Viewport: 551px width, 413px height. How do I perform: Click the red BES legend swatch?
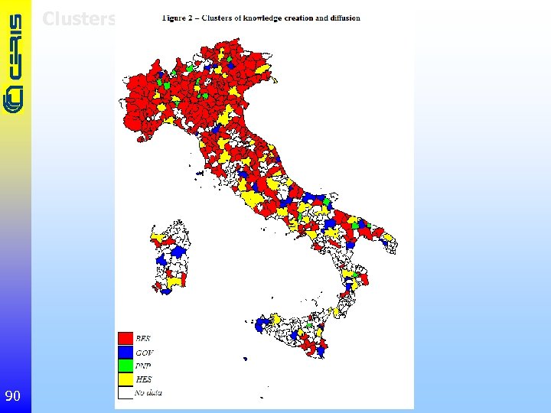pos(126,338)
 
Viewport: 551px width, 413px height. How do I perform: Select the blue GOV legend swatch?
pos(126,352)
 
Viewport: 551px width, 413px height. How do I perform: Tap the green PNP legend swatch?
pos(126,366)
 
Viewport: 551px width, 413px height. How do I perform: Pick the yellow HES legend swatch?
pos(126,379)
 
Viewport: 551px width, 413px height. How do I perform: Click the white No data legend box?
pos(126,393)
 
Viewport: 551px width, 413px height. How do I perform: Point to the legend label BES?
pos(143,338)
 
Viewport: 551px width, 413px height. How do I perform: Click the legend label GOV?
pos(144,352)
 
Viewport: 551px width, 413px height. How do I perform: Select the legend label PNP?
pos(144,366)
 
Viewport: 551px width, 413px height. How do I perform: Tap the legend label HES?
pos(143,379)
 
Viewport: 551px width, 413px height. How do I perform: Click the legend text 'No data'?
pos(148,393)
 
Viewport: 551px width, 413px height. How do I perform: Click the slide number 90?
pos(12,395)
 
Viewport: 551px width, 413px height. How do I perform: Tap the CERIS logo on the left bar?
pos(15,65)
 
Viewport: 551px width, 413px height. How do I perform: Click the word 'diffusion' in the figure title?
pos(341,18)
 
